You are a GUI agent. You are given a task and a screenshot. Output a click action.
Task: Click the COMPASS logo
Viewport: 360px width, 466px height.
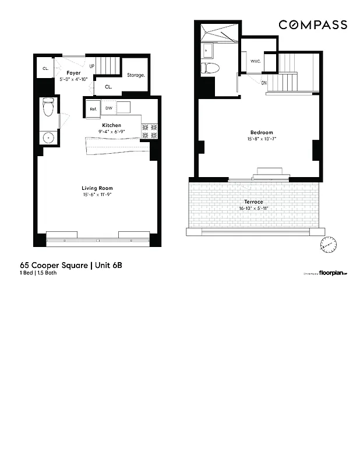[x=312, y=24]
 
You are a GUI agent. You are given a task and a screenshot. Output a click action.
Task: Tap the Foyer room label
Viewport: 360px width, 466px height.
[x=73, y=73]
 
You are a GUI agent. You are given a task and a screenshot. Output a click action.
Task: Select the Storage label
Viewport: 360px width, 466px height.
[x=136, y=75]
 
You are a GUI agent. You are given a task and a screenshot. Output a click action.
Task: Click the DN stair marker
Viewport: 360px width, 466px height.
[x=264, y=83]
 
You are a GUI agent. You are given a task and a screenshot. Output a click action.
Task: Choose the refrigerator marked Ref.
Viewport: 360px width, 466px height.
[x=93, y=108]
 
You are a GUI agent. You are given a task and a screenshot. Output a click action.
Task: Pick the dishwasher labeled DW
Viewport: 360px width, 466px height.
[x=109, y=108]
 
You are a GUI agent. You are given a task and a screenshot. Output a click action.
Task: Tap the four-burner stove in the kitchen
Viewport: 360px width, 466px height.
[x=150, y=131]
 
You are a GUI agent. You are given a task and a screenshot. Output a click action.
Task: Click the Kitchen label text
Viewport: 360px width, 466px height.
[x=112, y=125]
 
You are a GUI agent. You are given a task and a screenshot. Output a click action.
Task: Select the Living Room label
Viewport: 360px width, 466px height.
[x=97, y=188]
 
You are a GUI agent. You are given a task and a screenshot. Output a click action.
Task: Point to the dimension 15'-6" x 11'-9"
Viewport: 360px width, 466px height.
[x=97, y=195]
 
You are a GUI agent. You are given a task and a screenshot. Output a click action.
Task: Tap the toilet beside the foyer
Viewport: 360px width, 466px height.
[x=48, y=107]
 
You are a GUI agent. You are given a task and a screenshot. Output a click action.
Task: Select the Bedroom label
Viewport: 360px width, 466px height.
[x=258, y=133]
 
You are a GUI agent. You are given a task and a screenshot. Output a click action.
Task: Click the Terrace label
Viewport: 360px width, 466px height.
[x=253, y=202]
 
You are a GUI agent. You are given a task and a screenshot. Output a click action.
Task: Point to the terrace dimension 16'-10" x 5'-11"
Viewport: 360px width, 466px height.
[x=253, y=208]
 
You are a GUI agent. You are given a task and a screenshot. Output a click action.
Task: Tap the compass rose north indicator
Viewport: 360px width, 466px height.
[x=328, y=244]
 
